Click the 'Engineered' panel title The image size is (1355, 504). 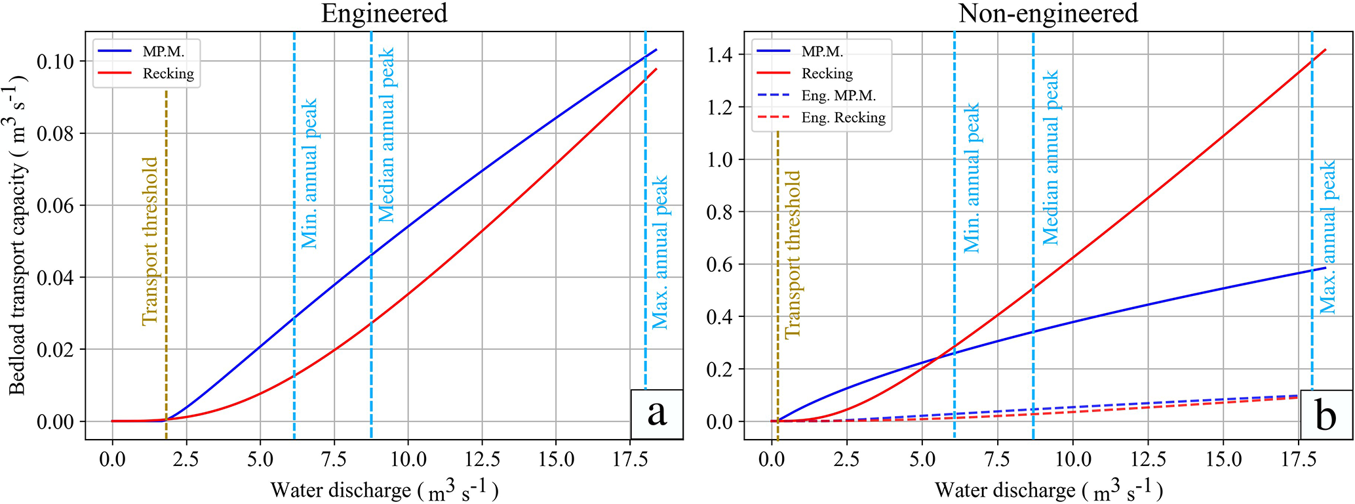pos(384,13)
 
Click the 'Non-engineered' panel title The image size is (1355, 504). pos(1048,13)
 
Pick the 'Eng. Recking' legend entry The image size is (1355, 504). pos(842,117)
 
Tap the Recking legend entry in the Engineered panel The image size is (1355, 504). pos(168,73)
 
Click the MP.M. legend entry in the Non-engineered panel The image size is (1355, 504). pos(822,51)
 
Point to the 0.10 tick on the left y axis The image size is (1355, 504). pos(55,62)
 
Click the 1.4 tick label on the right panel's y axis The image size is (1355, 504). pos(719,54)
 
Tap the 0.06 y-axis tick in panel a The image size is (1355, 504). pos(55,205)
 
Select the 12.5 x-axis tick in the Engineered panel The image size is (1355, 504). pos(482,458)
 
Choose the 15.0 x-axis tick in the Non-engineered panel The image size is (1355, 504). pos(1223,458)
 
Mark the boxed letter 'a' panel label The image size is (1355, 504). pos(656,414)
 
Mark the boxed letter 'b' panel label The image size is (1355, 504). pos(1326,415)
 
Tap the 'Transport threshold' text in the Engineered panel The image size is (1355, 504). pos(150,240)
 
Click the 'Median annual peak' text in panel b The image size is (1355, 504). pos(1050,157)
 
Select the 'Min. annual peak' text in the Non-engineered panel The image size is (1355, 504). pos(972,177)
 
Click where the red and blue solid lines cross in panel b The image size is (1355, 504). pos(937,356)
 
